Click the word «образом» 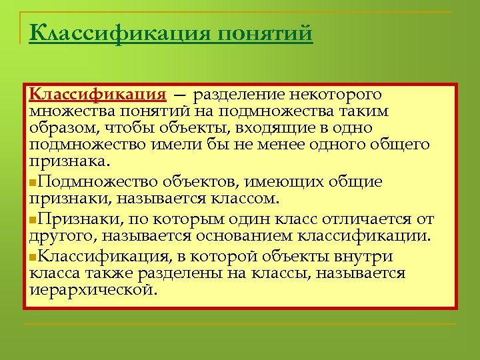(x=58, y=127)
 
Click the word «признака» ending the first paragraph (x=67, y=161)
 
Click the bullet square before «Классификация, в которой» (x=34, y=257)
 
